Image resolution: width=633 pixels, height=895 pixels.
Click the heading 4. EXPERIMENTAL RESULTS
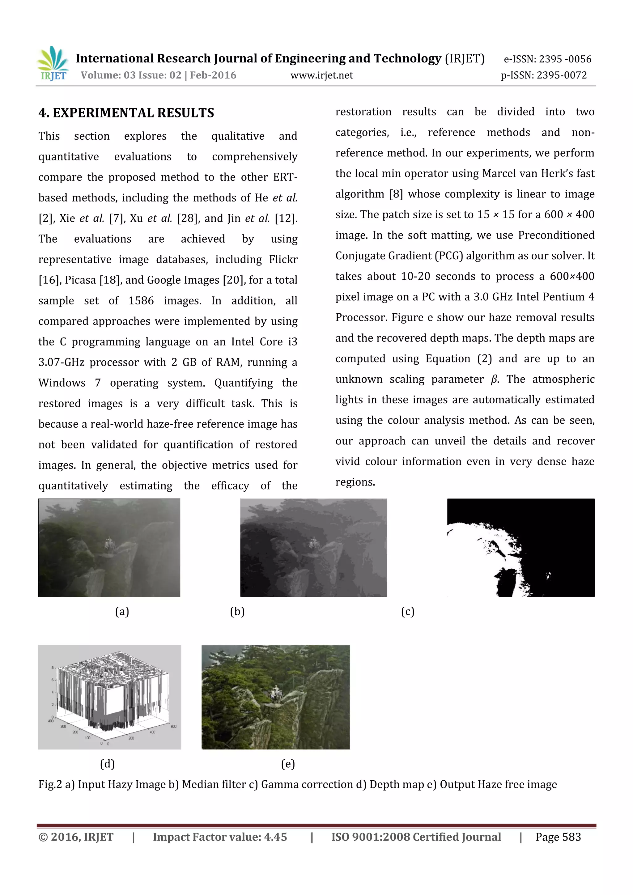pyautogui.click(x=126, y=113)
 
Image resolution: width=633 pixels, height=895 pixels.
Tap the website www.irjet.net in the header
pyautogui.click(x=321, y=75)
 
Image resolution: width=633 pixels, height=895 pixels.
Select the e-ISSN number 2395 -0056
pyautogui.click(x=565, y=59)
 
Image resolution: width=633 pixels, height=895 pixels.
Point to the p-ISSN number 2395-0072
pyautogui.click(x=562, y=75)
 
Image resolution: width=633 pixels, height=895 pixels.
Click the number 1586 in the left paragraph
pyautogui.click(x=141, y=300)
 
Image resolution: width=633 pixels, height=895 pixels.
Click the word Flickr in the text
pyautogui.click(x=283, y=259)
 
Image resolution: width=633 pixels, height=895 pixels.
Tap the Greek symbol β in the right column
pyautogui.click(x=494, y=379)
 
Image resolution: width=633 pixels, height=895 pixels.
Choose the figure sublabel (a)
pyautogui.click(x=122, y=611)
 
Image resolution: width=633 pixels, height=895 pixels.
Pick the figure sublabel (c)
pyautogui.click(x=408, y=611)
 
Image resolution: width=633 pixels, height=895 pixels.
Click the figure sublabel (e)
pyautogui.click(x=288, y=764)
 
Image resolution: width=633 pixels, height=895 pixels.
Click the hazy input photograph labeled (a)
pyautogui.click(x=109, y=548)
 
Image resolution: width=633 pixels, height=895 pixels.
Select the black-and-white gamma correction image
pyautogui.click(x=521, y=548)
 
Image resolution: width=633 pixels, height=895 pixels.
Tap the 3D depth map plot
pyautogui.click(x=109, y=697)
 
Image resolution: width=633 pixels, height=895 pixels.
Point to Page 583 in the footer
pyautogui.click(x=558, y=837)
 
